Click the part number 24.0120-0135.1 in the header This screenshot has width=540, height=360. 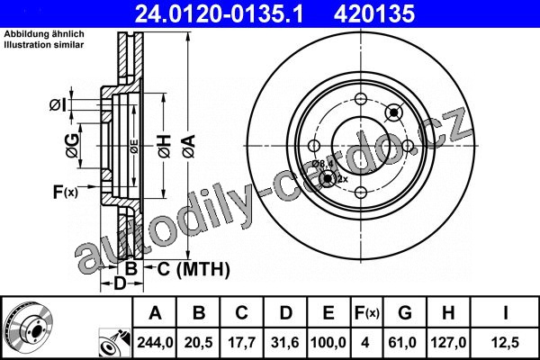point(219,13)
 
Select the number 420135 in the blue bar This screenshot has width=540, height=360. point(374,13)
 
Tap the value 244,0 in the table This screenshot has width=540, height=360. point(155,342)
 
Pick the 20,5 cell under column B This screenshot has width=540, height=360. point(198,342)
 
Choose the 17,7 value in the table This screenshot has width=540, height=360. point(242,342)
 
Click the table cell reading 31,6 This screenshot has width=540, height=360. point(285,342)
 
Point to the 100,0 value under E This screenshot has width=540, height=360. point(328,342)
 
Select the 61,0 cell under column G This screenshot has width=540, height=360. point(402,342)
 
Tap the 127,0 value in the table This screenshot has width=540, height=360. point(448,342)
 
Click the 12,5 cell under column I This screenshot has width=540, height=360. point(505,342)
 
